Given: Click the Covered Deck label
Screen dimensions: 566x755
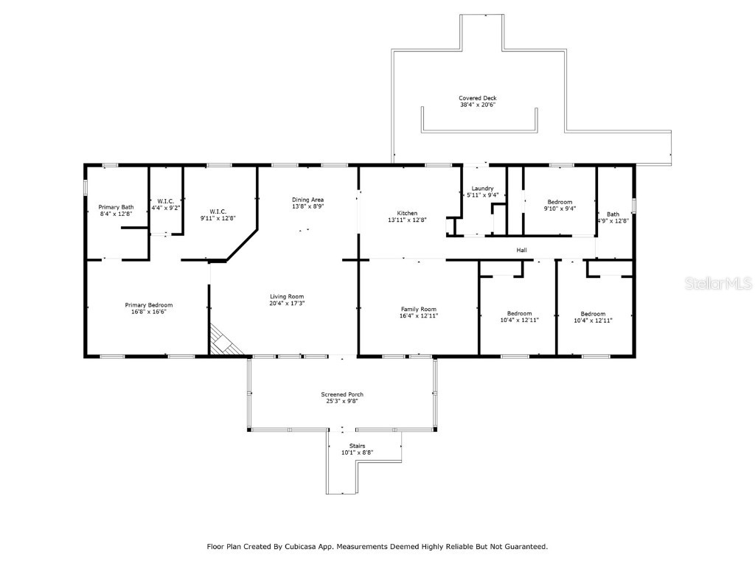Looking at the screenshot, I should click(477, 98).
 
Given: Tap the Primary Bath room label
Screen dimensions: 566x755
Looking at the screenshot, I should click(116, 207).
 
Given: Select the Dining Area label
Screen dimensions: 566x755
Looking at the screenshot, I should click(307, 200).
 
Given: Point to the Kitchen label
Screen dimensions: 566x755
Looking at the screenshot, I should click(407, 212).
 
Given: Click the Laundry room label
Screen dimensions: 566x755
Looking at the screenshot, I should click(482, 189).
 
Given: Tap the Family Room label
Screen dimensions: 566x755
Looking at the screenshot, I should click(418, 309).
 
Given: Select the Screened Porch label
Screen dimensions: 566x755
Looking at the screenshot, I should click(341, 394).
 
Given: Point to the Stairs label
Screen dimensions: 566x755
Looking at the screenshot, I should click(357, 445).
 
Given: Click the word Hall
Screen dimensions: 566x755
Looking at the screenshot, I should click(521, 251).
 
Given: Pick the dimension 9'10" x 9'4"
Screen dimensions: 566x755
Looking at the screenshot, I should click(561, 209).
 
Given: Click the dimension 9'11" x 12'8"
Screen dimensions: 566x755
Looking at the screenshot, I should click(218, 218).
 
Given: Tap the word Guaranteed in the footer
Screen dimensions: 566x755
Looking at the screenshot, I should click(523, 547).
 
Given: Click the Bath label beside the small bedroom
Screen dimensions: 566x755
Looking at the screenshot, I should click(613, 214).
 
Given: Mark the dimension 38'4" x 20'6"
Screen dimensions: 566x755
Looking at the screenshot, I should click(477, 105).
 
